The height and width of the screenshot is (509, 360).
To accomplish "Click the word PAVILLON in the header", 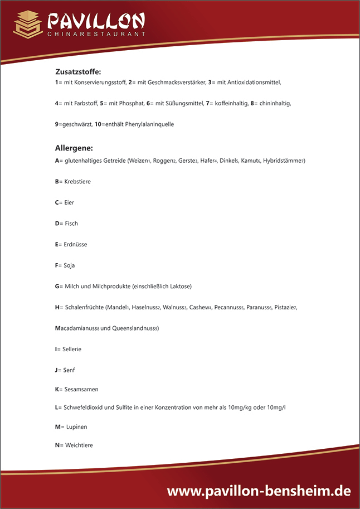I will point(95,21).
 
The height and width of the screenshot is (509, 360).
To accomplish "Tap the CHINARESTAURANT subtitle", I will point(96,34).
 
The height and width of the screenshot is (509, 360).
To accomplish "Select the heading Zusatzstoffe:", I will point(78,71).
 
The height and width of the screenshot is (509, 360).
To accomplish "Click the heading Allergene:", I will point(74,148).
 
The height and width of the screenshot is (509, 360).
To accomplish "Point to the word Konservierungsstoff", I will point(95,83).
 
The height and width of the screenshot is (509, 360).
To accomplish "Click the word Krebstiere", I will point(77,182).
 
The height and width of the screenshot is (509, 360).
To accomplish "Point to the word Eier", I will point(70,202).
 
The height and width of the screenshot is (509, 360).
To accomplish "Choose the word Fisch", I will point(71,224).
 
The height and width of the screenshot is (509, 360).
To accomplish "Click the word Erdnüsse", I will point(76,244).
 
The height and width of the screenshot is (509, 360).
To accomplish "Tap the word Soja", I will point(70,265).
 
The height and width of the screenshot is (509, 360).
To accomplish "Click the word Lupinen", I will point(76,426).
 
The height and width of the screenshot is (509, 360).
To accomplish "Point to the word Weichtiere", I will point(79,445).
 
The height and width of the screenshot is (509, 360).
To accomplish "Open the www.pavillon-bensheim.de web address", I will point(259,491).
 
